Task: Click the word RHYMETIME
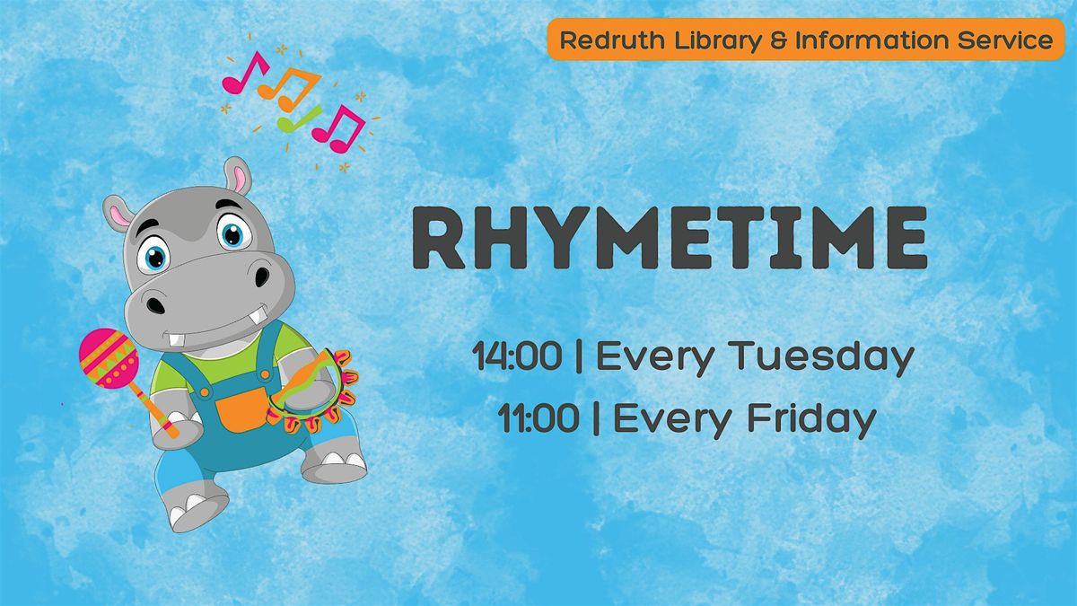pyautogui.click(x=670, y=238)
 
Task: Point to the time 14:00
pyautogui.click(x=517, y=356)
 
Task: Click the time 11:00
pyautogui.click(x=538, y=418)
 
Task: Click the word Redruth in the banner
pyautogui.click(x=612, y=40)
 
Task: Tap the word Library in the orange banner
pyautogui.click(x=718, y=41)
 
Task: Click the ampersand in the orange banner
pyautogui.click(x=778, y=40)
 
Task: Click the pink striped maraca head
pyautogui.click(x=109, y=358)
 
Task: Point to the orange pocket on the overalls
pyautogui.click(x=241, y=408)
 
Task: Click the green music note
pyautogui.click(x=299, y=119)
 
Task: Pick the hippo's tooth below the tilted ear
pyautogui.click(x=177, y=338)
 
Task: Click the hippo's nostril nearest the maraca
pyautogui.click(x=154, y=305)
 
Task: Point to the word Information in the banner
pyautogui.click(x=871, y=40)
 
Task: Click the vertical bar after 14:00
pyautogui.click(x=579, y=356)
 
